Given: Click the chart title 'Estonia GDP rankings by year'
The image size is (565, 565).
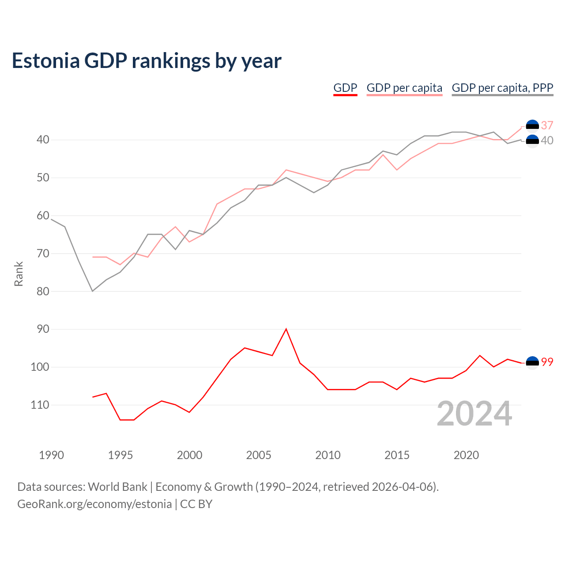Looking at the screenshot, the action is point(147,61).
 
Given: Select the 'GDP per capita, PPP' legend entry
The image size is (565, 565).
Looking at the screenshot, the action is point(502,88).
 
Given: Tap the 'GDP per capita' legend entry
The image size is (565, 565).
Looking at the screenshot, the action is point(404,88).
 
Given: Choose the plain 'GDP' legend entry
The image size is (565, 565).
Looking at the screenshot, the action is point(345,88).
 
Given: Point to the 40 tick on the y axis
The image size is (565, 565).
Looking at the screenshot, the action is point(43,140).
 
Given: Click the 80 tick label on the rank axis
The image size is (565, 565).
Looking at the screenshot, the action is point(43,291).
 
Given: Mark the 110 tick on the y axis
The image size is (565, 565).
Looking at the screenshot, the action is point(40,405).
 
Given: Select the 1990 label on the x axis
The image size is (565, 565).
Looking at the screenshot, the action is point(51,455).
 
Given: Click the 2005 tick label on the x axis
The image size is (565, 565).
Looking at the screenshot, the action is point(259,455).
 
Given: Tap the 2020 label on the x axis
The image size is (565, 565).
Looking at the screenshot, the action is point(466,455).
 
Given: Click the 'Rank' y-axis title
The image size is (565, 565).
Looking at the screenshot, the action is point(19,274).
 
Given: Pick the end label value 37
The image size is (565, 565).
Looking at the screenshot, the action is point(547,125).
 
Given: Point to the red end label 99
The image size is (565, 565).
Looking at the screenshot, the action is point(547,362).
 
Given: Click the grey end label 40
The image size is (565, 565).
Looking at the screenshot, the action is point(547,140).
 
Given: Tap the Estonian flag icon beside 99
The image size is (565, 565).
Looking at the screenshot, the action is point(532,363).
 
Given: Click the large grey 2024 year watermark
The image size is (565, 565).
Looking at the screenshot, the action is point(475,414).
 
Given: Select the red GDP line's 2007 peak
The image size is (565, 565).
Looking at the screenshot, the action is point(286,329).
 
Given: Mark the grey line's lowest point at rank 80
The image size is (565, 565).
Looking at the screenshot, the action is point(93,291).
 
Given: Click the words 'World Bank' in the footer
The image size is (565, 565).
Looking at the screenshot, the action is point(117,487).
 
